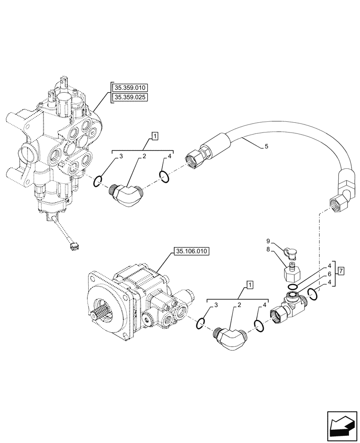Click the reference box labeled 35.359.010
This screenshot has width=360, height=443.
131,87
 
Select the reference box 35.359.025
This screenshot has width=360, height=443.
131,97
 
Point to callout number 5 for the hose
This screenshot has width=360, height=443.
266,146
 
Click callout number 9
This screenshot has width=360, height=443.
268,241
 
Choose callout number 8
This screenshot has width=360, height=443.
268,250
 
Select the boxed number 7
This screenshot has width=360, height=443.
340,270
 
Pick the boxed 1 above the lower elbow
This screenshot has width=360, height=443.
250,284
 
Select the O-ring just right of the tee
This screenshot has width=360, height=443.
312,294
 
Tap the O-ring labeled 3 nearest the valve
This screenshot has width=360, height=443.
98,181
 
